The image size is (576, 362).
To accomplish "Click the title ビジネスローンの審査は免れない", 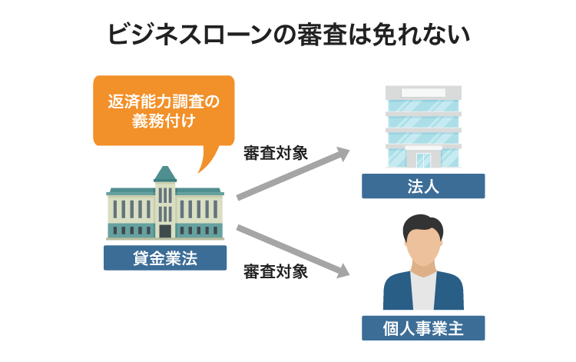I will click(x=288, y=35).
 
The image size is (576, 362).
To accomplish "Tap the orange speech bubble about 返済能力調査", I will click(x=163, y=110).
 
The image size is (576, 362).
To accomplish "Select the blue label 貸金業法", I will click(x=165, y=258).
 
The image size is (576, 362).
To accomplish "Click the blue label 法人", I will click(x=423, y=186).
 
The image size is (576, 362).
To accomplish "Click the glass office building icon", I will click(x=423, y=127).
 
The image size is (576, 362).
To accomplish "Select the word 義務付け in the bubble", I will click(x=163, y=121).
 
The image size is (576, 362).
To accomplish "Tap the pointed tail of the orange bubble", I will click(x=203, y=163).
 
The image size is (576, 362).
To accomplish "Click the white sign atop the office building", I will click(x=423, y=92).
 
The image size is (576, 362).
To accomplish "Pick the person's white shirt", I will click(x=423, y=292).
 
